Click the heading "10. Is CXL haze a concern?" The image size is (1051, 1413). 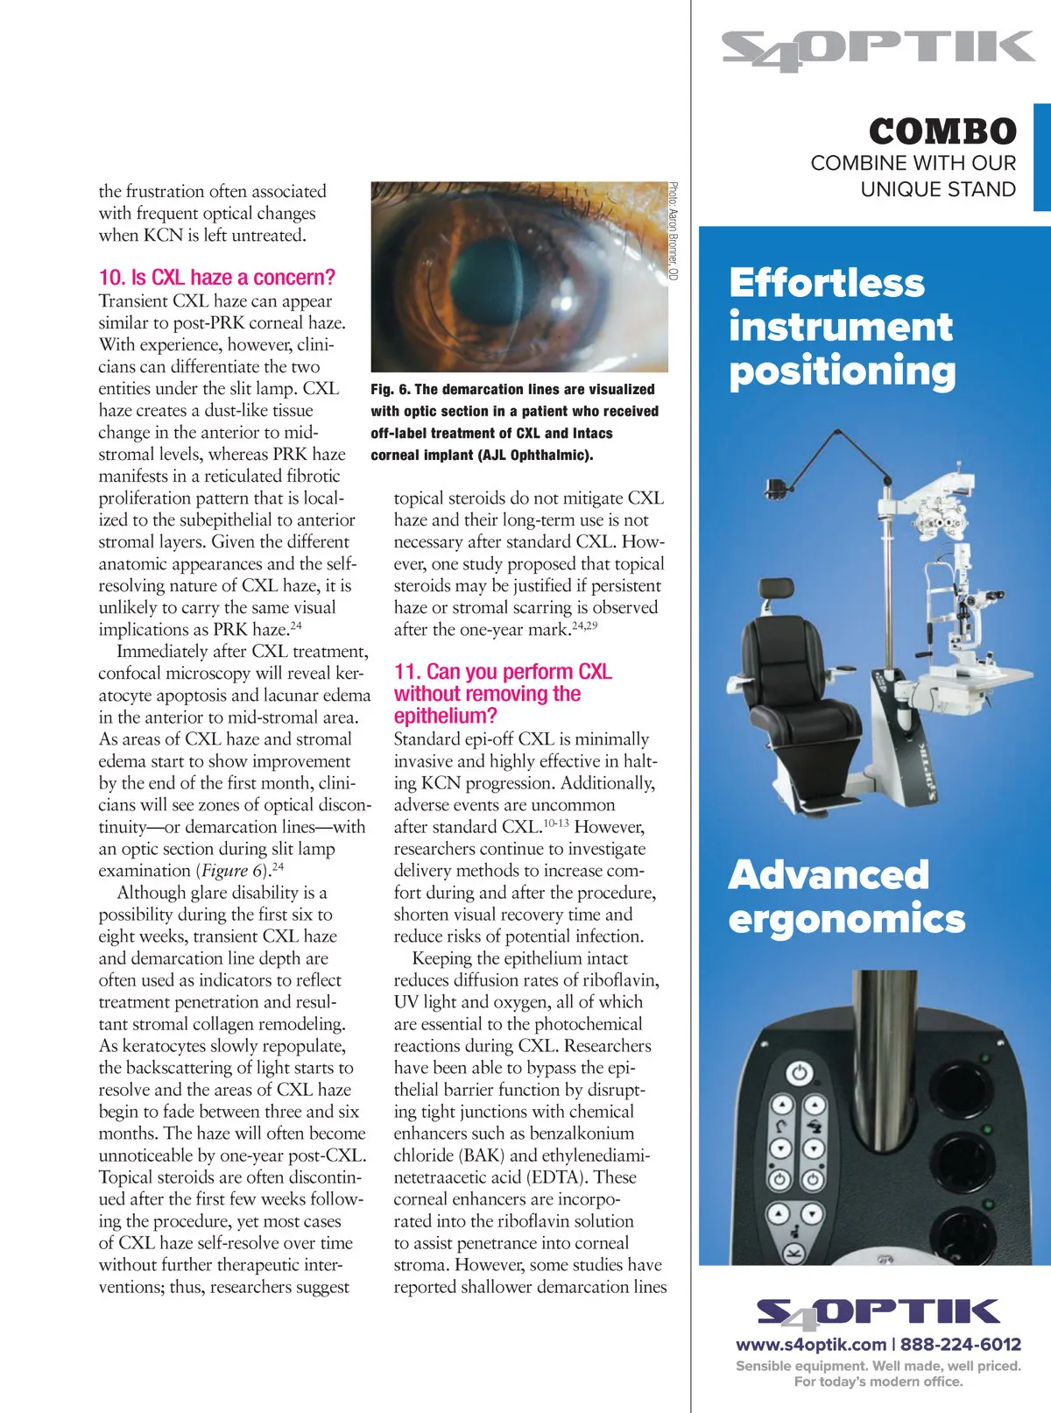(x=216, y=278)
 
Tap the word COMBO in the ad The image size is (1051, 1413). (x=942, y=132)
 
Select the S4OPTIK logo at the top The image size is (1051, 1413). (x=878, y=50)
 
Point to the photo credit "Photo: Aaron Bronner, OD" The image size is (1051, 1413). (x=673, y=231)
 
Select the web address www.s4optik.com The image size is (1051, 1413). (x=811, y=1345)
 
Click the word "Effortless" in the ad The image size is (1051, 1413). (x=827, y=283)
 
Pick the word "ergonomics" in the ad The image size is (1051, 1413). (x=846, y=919)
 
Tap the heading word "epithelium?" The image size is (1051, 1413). (x=445, y=716)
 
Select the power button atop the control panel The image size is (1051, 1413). (x=798, y=1072)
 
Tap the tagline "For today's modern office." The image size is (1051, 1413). (x=878, y=1381)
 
